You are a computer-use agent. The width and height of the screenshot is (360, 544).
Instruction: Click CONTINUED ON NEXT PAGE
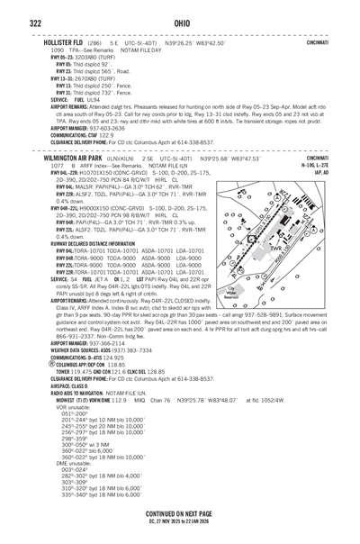(x=179, y=511)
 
